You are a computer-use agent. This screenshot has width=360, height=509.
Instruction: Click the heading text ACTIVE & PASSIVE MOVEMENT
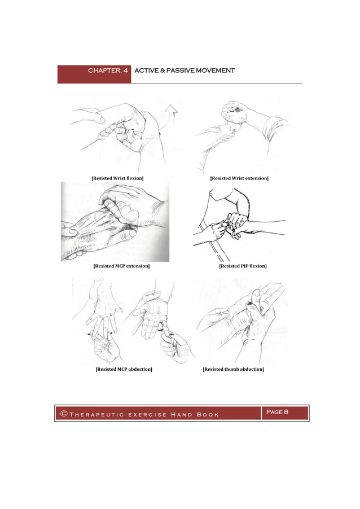184,71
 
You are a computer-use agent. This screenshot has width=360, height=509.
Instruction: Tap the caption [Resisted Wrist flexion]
117,178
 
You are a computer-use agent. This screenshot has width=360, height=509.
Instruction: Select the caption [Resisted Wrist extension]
239,178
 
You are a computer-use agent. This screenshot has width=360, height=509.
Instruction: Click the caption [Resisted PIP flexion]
243,266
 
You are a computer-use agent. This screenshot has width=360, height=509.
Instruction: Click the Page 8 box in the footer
277,413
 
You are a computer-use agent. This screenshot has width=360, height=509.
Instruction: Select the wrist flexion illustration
121,135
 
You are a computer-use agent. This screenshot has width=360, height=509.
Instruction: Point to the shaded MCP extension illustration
115,221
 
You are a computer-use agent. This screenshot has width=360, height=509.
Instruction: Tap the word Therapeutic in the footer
94,415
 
